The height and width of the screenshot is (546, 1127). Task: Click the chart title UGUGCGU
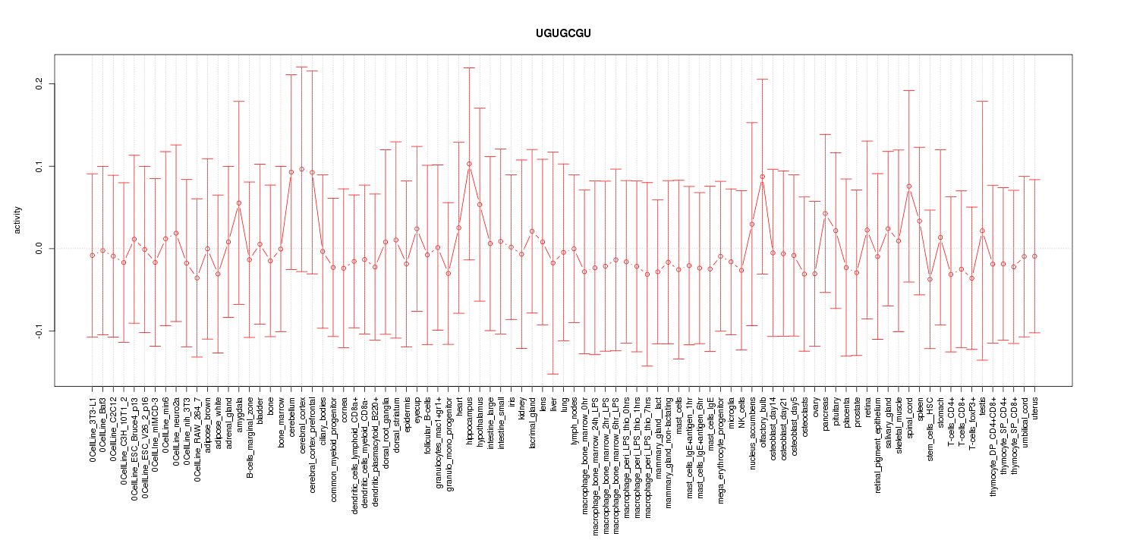coord(563,34)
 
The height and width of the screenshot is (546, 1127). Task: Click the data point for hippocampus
coord(469,164)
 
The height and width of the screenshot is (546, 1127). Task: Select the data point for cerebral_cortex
coord(301,169)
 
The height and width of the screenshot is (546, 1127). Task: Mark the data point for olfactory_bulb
coord(762,177)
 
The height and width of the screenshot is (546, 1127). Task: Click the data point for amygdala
coord(239,203)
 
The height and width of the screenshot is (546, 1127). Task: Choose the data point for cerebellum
coord(291,172)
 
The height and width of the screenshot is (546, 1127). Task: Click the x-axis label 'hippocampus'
coord(470,419)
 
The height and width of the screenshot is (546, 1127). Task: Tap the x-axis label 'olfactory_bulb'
coord(763,422)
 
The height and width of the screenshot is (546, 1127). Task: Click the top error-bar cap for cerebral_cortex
coord(301,67)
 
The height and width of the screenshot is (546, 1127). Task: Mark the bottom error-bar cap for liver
coord(553,374)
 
